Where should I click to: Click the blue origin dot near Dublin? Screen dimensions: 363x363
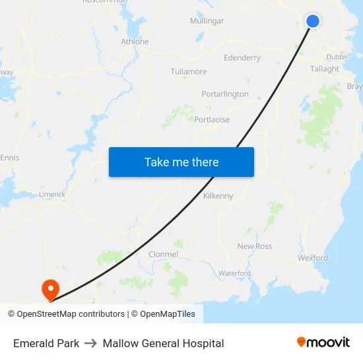313,21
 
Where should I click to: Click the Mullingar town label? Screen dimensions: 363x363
207,21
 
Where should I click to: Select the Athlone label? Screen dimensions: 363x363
135,42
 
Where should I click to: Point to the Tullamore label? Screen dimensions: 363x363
189,71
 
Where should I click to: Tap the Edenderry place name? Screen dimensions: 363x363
242,58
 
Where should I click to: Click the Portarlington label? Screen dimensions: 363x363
225,94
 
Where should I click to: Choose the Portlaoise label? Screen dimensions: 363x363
212,119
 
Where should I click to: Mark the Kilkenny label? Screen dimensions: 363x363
218,196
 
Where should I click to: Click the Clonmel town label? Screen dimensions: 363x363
163,254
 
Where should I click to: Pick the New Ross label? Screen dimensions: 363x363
254,247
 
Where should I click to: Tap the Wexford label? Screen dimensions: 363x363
313,258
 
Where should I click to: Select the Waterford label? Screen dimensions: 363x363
234,273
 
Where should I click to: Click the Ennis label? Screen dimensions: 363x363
10,158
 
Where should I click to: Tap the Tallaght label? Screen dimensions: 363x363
324,69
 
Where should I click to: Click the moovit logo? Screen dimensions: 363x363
323,343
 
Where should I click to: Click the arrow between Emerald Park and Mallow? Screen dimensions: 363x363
90,343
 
